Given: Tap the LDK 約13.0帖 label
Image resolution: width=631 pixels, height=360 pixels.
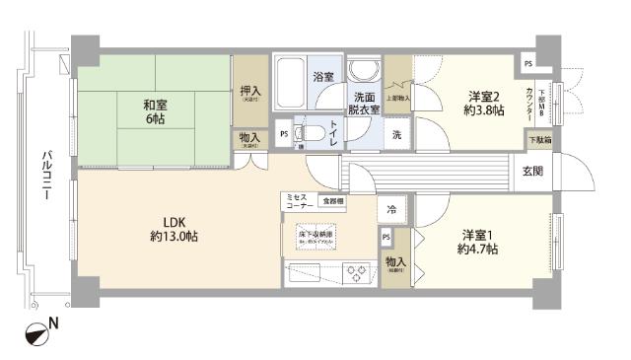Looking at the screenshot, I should point(175,228).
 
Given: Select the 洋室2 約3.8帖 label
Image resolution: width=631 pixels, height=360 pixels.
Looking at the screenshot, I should point(484,104).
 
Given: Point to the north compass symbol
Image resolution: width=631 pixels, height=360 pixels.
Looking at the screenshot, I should point(36,334).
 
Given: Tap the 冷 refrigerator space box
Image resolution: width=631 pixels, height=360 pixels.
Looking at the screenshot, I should point(391,209).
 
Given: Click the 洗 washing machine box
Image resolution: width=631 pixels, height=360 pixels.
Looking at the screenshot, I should point(397,134).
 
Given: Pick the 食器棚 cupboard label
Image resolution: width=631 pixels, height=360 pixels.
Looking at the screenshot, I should point(334,201).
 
